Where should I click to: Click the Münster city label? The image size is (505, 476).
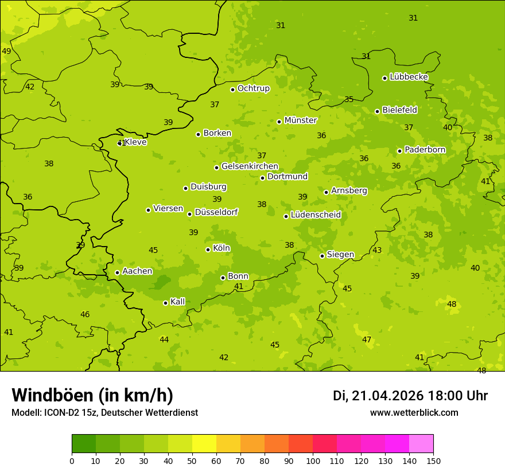(x=301, y=120)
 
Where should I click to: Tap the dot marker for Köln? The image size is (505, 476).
(x=208, y=249)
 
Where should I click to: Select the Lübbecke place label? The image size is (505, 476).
(x=409, y=77)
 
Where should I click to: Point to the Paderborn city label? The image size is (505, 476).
(x=425, y=150)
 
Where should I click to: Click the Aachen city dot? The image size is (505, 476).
(x=117, y=273)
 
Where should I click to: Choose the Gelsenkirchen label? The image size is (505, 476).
(x=250, y=166)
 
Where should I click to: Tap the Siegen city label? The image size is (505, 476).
(x=340, y=255)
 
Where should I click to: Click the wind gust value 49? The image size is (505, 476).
(x=6, y=51)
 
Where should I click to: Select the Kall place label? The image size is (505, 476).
(x=177, y=302)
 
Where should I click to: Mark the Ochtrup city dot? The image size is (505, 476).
(x=232, y=89)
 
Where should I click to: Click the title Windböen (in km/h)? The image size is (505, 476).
(x=92, y=395)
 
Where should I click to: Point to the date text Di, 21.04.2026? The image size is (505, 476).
(x=378, y=396)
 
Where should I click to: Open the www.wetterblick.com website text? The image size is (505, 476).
(x=414, y=413)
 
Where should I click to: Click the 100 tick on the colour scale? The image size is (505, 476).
(x=313, y=461)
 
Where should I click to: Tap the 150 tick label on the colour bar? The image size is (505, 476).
(x=433, y=461)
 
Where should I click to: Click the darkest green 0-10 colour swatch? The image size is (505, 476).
(x=84, y=444)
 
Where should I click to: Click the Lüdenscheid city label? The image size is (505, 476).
(x=316, y=215)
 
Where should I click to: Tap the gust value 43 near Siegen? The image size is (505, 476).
(x=377, y=250)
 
